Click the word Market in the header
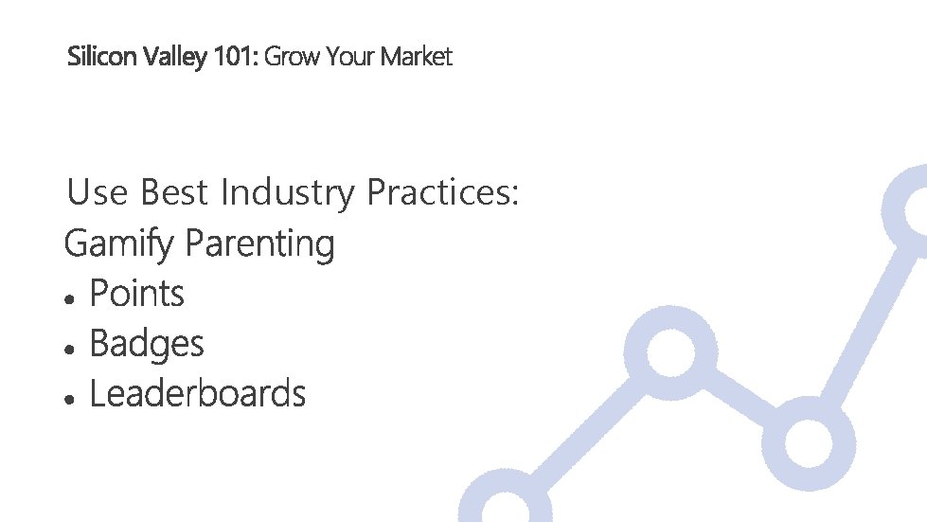coord(417,57)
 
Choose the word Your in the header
coord(350,57)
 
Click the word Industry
coord(288,194)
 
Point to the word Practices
coord(443,193)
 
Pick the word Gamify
coord(119,244)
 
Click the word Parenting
coord(260,244)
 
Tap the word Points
coord(136,294)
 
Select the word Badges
coord(147,345)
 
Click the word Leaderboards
coord(197,393)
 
